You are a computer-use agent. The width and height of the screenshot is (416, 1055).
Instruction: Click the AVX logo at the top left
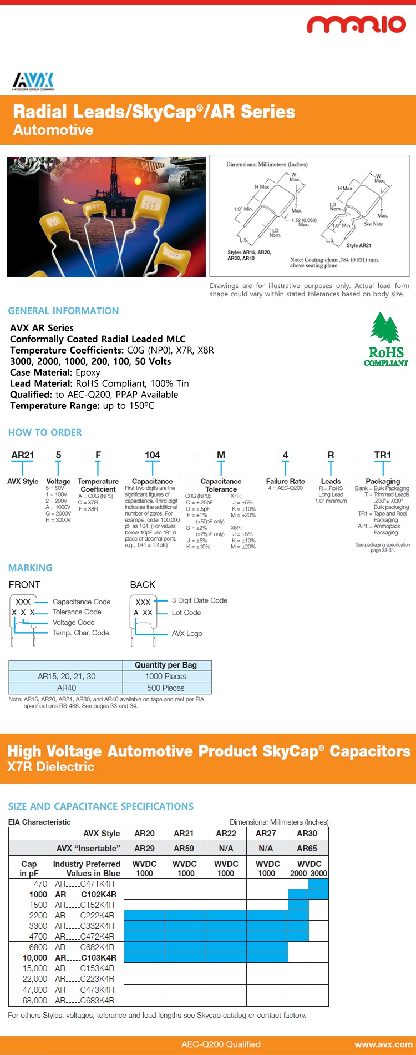coord(33,81)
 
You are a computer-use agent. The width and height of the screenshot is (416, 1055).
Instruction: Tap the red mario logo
coord(357,24)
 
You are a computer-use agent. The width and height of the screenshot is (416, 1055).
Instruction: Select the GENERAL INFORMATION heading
coord(63,311)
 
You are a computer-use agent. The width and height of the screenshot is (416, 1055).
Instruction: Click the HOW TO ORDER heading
coord(45,432)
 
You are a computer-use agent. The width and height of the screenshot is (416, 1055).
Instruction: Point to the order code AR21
coord(23,455)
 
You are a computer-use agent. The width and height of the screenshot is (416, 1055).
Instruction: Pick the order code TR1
coord(382,455)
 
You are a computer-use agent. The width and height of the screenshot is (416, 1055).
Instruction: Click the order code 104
coord(152,455)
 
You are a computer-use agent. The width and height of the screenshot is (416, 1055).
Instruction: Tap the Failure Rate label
coord(285,481)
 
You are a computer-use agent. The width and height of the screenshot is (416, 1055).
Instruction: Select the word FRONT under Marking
coord(24,584)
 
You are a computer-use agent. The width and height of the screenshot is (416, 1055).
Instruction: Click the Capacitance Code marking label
coord(82,602)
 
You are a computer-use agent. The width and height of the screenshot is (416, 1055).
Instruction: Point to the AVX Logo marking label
coord(187,633)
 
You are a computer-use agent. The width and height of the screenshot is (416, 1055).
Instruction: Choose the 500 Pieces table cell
coord(166,688)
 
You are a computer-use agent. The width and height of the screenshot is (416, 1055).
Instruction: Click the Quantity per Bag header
coord(166,665)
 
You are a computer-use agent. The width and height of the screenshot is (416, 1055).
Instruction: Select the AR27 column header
coord(266,833)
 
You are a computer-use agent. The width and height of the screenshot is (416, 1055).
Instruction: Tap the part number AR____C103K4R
coord(85,957)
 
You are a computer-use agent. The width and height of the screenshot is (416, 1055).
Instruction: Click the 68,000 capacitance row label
coord(34,1000)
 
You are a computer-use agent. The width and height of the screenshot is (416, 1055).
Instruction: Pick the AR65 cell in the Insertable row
coord(307,848)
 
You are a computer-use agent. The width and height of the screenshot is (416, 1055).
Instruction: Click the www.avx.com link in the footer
coord(383,1044)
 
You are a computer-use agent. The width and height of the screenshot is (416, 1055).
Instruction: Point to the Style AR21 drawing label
coord(359,245)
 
